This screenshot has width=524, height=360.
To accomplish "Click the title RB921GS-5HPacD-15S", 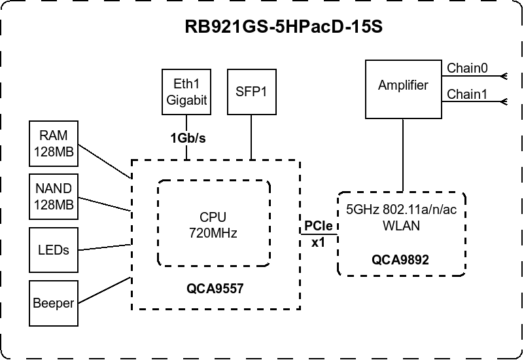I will [283, 30].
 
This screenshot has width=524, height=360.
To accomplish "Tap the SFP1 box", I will [251, 91].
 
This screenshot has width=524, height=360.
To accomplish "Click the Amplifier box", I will [403, 85].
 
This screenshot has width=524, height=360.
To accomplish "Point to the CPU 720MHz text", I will [213, 225].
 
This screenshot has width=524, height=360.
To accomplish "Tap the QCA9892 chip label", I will [400, 259].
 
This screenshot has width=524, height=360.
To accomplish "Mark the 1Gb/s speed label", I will [188, 137].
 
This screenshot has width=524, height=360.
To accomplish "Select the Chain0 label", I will [467, 67].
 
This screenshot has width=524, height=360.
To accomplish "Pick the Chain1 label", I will [467, 94].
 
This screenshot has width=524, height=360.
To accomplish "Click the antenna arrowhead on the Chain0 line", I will [504, 76].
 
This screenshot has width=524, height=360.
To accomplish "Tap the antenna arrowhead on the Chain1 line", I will [504, 102].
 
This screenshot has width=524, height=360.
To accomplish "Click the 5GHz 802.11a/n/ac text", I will [401, 211].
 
